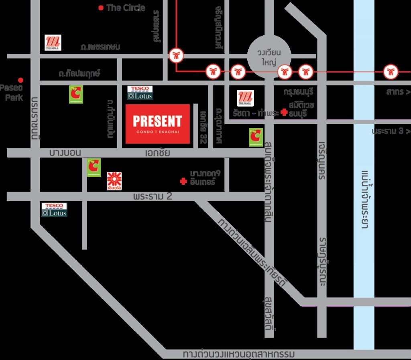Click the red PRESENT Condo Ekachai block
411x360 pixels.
(157, 123)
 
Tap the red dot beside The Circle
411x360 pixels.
(101, 8)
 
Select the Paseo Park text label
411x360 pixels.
(12, 92)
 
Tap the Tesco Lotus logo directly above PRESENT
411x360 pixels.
(140, 93)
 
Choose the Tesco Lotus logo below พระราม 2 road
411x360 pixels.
(54, 210)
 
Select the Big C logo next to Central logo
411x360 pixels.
(94, 168)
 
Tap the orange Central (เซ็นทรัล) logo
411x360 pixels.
(114, 181)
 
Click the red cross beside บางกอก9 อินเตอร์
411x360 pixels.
(183, 182)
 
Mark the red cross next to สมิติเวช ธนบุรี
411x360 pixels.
(284, 113)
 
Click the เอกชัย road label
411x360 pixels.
(157, 153)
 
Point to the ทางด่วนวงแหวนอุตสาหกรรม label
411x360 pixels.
(238, 354)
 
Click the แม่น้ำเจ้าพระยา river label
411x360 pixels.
(364, 198)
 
